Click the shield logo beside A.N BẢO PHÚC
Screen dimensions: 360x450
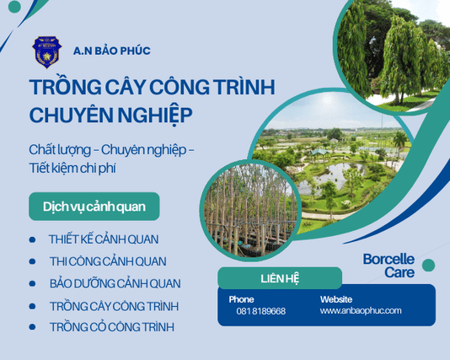coord(47,51)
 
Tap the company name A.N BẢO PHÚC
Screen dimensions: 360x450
coord(111,51)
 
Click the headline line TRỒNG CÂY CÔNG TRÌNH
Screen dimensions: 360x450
coord(153,88)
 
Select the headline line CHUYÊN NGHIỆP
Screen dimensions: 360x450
coord(110,114)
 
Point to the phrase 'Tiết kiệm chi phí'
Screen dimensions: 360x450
coord(72,168)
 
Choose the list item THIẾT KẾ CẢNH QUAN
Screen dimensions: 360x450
coord(104,239)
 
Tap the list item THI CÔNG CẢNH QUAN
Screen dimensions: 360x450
coord(108,261)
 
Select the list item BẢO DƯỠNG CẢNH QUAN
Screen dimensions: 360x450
coord(115,284)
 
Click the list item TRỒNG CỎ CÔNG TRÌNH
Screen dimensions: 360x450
coord(112,327)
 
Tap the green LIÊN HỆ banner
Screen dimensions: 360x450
coord(280,278)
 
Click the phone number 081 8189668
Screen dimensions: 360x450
coord(260,311)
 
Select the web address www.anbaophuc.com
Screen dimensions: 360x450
coord(361,310)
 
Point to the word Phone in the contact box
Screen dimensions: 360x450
coord(241,299)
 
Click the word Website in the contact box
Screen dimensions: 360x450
coord(337,299)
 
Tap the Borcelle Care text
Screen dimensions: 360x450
coord(388,266)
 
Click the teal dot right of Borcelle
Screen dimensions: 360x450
coord(428,265)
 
